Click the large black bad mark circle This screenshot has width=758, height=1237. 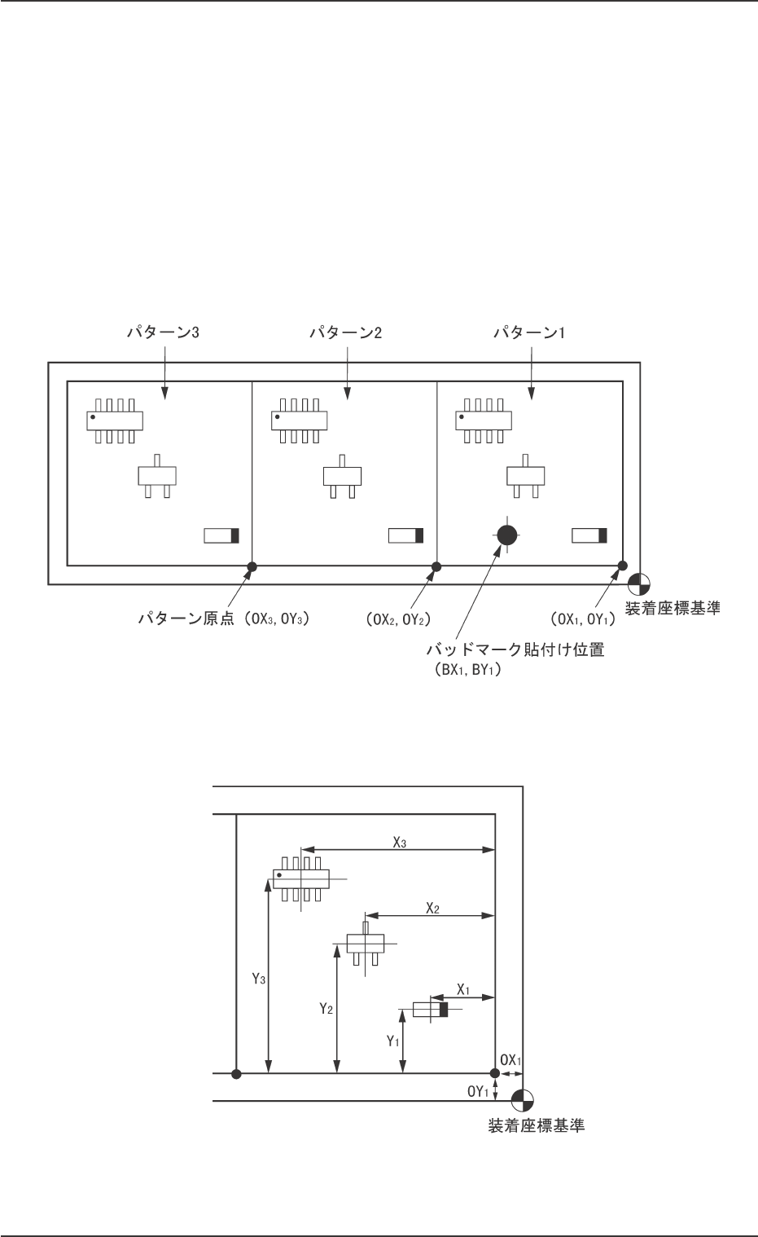point(506,535)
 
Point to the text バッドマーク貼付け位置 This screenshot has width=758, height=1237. point(516,652)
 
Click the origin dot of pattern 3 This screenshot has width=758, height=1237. point(252,566)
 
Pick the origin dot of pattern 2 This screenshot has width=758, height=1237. point(436,566)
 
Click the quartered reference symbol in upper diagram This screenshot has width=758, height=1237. point(639,584)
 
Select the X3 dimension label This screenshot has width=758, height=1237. point(399,843)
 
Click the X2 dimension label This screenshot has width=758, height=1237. point(432,909)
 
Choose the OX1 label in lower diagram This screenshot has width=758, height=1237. point(510,1060)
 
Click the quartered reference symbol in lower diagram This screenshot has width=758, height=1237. point(523,1100)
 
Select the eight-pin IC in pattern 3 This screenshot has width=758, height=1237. point(116,420)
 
